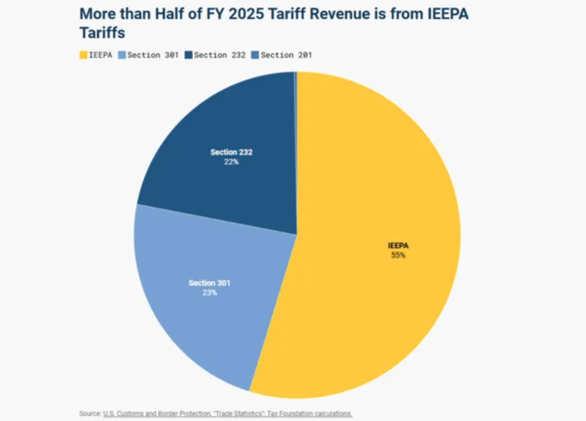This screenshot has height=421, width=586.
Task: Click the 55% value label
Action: click(398, 255)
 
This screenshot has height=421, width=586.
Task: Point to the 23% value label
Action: click(209, 292)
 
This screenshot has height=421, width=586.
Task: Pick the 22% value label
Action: click(231, 161)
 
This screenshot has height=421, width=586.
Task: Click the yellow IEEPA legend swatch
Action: click(84, 55)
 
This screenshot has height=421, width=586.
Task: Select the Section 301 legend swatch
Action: click(122, 55)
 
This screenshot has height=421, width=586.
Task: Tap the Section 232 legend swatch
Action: click(188, 55)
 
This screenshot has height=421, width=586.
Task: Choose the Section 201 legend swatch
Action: click(255, 55)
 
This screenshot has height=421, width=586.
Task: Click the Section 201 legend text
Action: click(286, 55)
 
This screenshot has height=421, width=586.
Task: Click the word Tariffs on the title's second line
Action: click(102, 33)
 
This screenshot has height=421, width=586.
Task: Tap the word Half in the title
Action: click(170, 14)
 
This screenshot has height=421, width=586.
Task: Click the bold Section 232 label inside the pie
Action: click(231, 152)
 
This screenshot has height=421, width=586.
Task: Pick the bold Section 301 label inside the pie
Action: click(209, 283)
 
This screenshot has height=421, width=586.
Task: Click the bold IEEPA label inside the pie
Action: click(398, 246)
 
